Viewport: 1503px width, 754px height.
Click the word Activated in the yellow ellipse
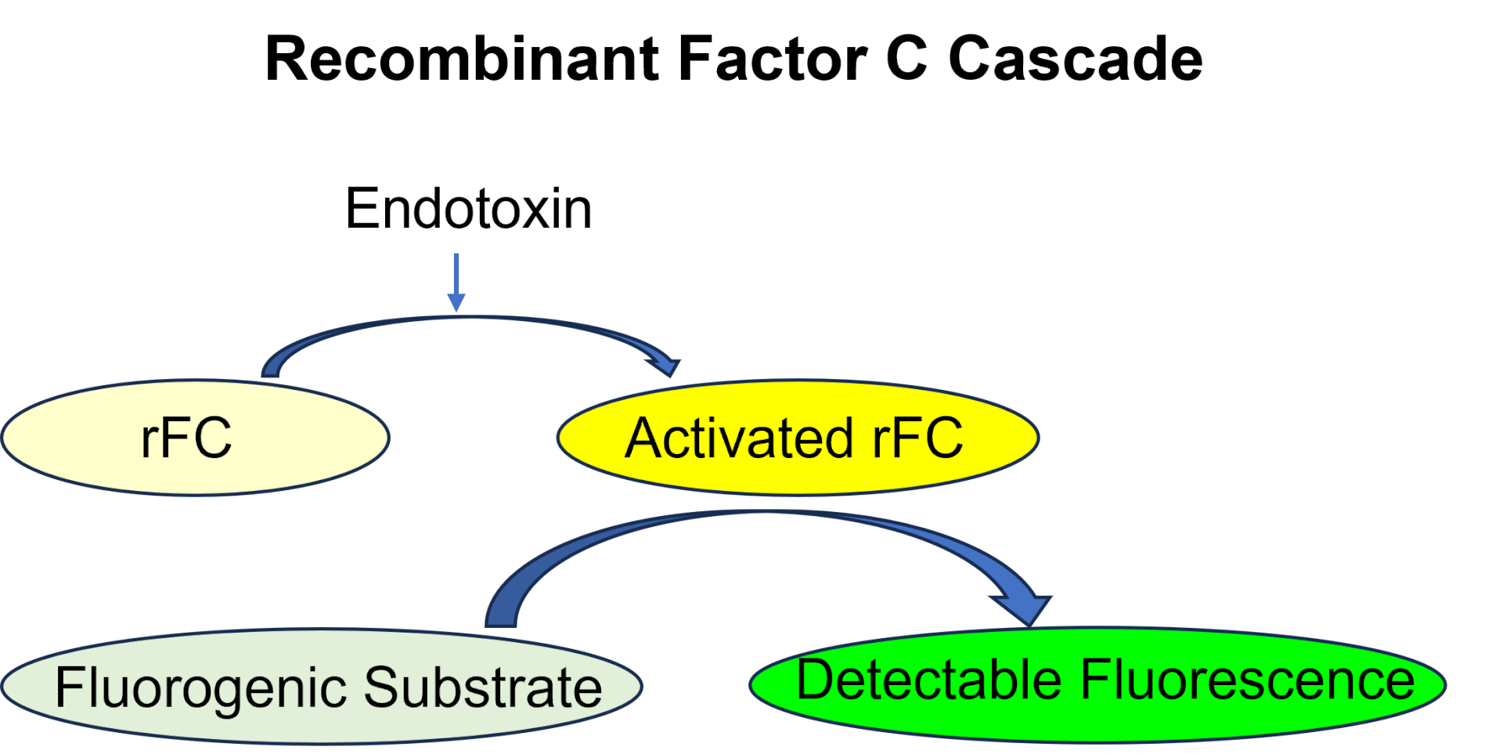pyautogui.click(x=738, y=438)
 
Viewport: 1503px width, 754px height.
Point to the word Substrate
pyautogui.click(x=483, y=688)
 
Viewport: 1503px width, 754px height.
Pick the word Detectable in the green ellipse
pyautogui.click(x=928, y=680)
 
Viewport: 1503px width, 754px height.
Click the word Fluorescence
pyautogui.click(x=1248, y=680)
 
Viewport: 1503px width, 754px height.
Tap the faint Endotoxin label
pyautogui.click(x=468, y=210)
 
